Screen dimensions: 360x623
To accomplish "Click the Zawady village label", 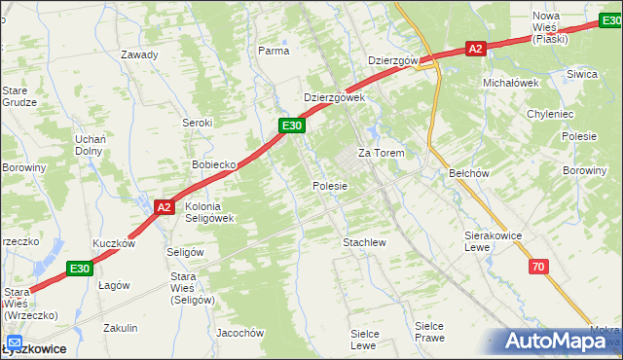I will (x=139, y=54).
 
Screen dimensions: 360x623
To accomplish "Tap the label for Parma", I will (x=274, y=51).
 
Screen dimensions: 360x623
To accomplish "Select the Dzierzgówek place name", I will (x=333, y=97).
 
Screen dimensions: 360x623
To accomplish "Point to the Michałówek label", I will (x=511, y=83).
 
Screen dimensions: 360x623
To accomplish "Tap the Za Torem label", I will (x=381, y=154).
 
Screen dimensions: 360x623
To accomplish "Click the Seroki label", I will (x=198, y=123).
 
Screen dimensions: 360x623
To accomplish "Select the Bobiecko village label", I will (x=215, y=164).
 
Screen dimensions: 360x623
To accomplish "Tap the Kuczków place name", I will (x=112, y=243).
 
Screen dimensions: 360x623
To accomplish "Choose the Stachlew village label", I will (x=365, y=241).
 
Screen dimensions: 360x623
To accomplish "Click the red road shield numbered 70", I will (x=538, y=266).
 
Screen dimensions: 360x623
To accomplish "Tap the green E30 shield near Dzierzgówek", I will (x=292, y=126).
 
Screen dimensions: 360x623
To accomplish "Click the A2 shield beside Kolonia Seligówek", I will (x=164, y=206).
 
